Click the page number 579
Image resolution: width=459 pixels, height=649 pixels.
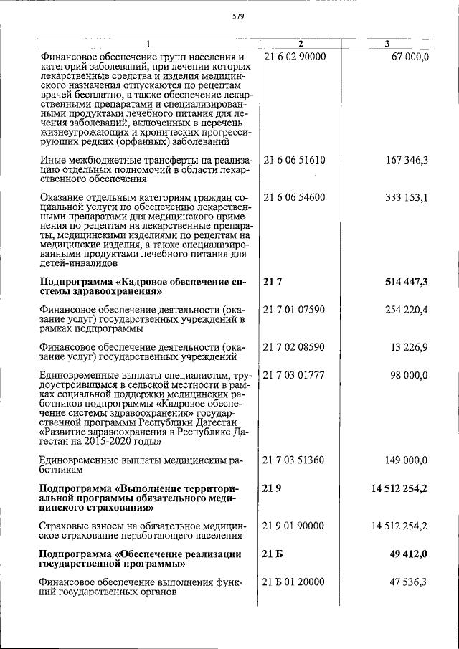[240, 19]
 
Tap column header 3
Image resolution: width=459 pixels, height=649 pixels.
[387, 44]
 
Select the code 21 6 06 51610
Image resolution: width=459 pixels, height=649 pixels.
[295, 160]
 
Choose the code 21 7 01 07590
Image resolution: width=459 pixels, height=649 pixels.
[295, 310]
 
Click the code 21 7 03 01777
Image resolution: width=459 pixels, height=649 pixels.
[295, 375]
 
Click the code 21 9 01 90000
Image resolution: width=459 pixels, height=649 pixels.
[295, 526]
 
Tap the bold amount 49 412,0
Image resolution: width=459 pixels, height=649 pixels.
[407, 554]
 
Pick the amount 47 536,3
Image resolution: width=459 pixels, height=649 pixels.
[409, 582]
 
